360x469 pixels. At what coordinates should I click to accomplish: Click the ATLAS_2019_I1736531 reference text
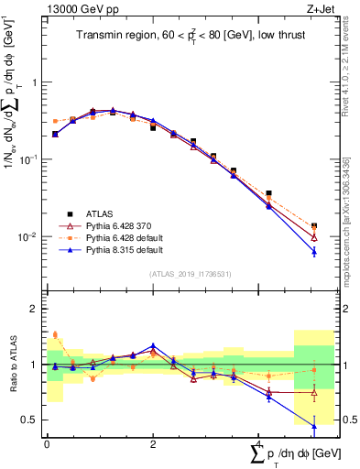point(191,273)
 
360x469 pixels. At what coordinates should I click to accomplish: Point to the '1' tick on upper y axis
point(34,82)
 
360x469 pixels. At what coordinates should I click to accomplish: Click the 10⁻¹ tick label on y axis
point(28,159)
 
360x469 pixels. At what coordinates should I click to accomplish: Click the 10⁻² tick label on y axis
point(28,237)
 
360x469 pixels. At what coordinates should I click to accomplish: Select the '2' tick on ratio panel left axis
point(34,309)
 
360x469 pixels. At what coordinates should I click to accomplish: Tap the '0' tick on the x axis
point(47,443)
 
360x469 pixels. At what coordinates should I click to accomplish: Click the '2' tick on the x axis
point(153,443)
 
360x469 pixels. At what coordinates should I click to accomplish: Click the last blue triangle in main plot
point(314,251)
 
